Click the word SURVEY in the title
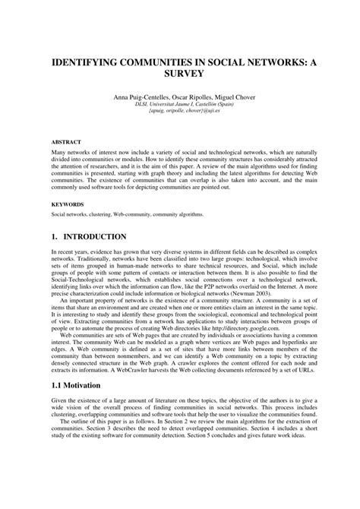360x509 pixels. coord(179,75)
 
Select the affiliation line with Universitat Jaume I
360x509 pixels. coord(179,107)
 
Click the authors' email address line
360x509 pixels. coord(179,114)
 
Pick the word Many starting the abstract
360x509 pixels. coord(59,153)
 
